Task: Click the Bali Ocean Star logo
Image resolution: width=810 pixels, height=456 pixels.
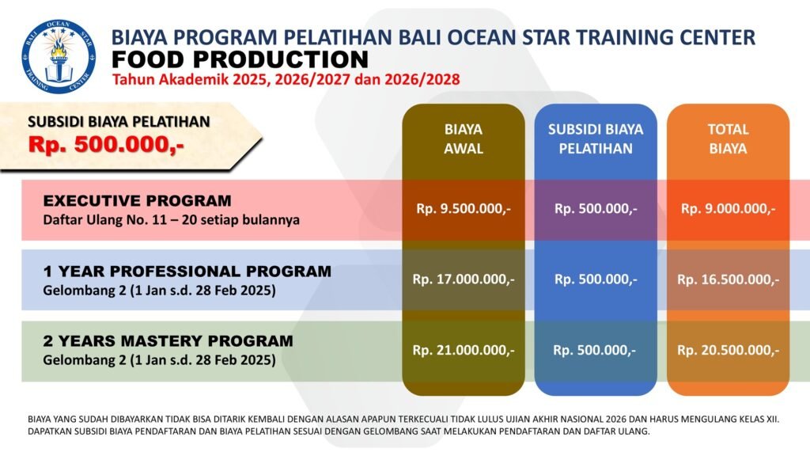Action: click(59, 56)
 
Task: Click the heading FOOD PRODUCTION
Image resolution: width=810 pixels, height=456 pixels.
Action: click(240, 59)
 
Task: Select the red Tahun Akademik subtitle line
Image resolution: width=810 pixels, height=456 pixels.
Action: click(286, 80)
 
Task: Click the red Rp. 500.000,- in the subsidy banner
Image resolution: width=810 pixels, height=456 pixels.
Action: click(106, 145)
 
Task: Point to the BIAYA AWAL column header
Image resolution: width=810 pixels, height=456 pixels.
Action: click(464, 139)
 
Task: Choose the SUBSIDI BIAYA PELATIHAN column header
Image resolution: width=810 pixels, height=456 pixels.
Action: click(596, 139)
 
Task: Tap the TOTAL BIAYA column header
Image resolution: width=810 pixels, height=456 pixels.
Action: click(728, 139)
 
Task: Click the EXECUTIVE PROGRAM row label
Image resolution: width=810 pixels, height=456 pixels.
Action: click(138, 200)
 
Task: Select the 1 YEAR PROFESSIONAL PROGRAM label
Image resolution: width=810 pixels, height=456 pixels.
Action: click(187, 271)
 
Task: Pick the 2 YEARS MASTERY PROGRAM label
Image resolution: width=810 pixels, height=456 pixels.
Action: click(168, 340)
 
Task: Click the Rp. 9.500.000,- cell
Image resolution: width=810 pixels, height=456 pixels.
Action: click(464, 209)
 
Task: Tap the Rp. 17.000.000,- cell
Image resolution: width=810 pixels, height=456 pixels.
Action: click(464, 279)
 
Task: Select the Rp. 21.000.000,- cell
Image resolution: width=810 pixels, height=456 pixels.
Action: click(464, 350)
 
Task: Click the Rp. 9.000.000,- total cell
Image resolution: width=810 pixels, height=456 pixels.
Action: click(728, 209)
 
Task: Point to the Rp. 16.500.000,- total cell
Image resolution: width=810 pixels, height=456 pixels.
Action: click(728, 279)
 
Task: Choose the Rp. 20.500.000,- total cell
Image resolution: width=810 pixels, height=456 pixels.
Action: click(728, 350)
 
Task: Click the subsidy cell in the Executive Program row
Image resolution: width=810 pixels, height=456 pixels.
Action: click(596, 209)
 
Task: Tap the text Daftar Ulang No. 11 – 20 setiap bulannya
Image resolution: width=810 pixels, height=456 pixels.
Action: click(171, 220)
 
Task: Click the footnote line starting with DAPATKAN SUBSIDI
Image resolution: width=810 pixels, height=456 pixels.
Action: click(339, 431)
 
